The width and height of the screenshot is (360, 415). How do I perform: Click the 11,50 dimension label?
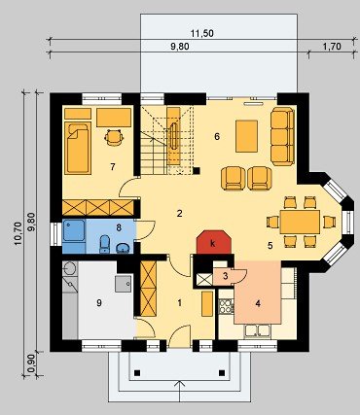pos(202,33)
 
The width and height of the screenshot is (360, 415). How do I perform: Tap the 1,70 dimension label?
pos(332,47)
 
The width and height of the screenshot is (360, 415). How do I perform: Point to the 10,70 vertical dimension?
pos(18,232)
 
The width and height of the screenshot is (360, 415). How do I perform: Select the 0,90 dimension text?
pos(31,365)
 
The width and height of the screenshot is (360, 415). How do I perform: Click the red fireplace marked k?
pos(214,242)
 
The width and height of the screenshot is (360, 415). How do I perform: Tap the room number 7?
pos(113,167)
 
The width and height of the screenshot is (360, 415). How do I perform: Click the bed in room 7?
pos(77,148)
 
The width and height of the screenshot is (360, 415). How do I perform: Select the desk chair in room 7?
pos(114,137)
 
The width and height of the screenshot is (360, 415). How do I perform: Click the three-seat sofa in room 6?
pos(282,136)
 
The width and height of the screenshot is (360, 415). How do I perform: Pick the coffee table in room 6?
pos(247,136)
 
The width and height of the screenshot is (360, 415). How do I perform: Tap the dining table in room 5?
pos(300,222)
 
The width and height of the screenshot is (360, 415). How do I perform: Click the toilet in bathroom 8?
pos(105,244)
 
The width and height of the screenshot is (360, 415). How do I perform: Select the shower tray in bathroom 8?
pos(74,231)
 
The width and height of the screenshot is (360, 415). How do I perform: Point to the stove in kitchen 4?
pos(227,307)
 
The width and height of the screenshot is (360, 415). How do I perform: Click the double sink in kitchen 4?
pos(258,330)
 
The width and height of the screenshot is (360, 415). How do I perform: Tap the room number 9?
pos(99,303)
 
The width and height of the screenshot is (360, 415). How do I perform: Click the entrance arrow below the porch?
pos(179,392)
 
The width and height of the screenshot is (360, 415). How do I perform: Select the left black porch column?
pos(137,372)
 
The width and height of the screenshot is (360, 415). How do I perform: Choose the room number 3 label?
pos(226,276)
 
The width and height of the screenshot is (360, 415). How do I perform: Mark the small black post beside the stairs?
pos(197,170)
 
